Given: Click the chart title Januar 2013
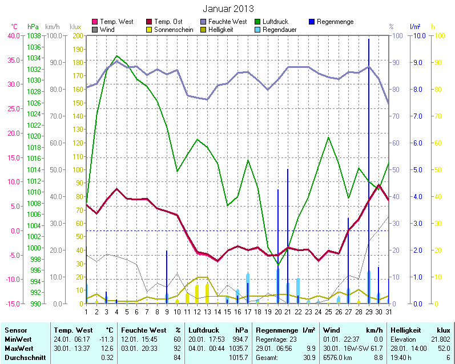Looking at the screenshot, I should click(x=228, y=9).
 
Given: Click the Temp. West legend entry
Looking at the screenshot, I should click(x=116, y=22).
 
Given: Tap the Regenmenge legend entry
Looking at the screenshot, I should click(x=335, y=22).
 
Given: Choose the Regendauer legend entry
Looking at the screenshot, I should click(x=279, y=29).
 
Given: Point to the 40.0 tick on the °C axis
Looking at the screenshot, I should click(x=13, y=35).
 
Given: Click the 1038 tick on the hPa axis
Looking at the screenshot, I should click(x=34, y=35).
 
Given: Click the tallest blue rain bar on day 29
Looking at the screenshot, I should click(x=368, y=171).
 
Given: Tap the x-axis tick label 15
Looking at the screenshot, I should click(x=227, y=311).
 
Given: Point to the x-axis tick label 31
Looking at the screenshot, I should click(x=389, y=311).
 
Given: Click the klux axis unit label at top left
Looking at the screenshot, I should click(x=75, y=27).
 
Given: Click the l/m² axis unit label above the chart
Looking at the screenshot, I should click(x=415, y=27).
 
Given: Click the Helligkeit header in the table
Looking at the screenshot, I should click(x=407, y=330).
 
